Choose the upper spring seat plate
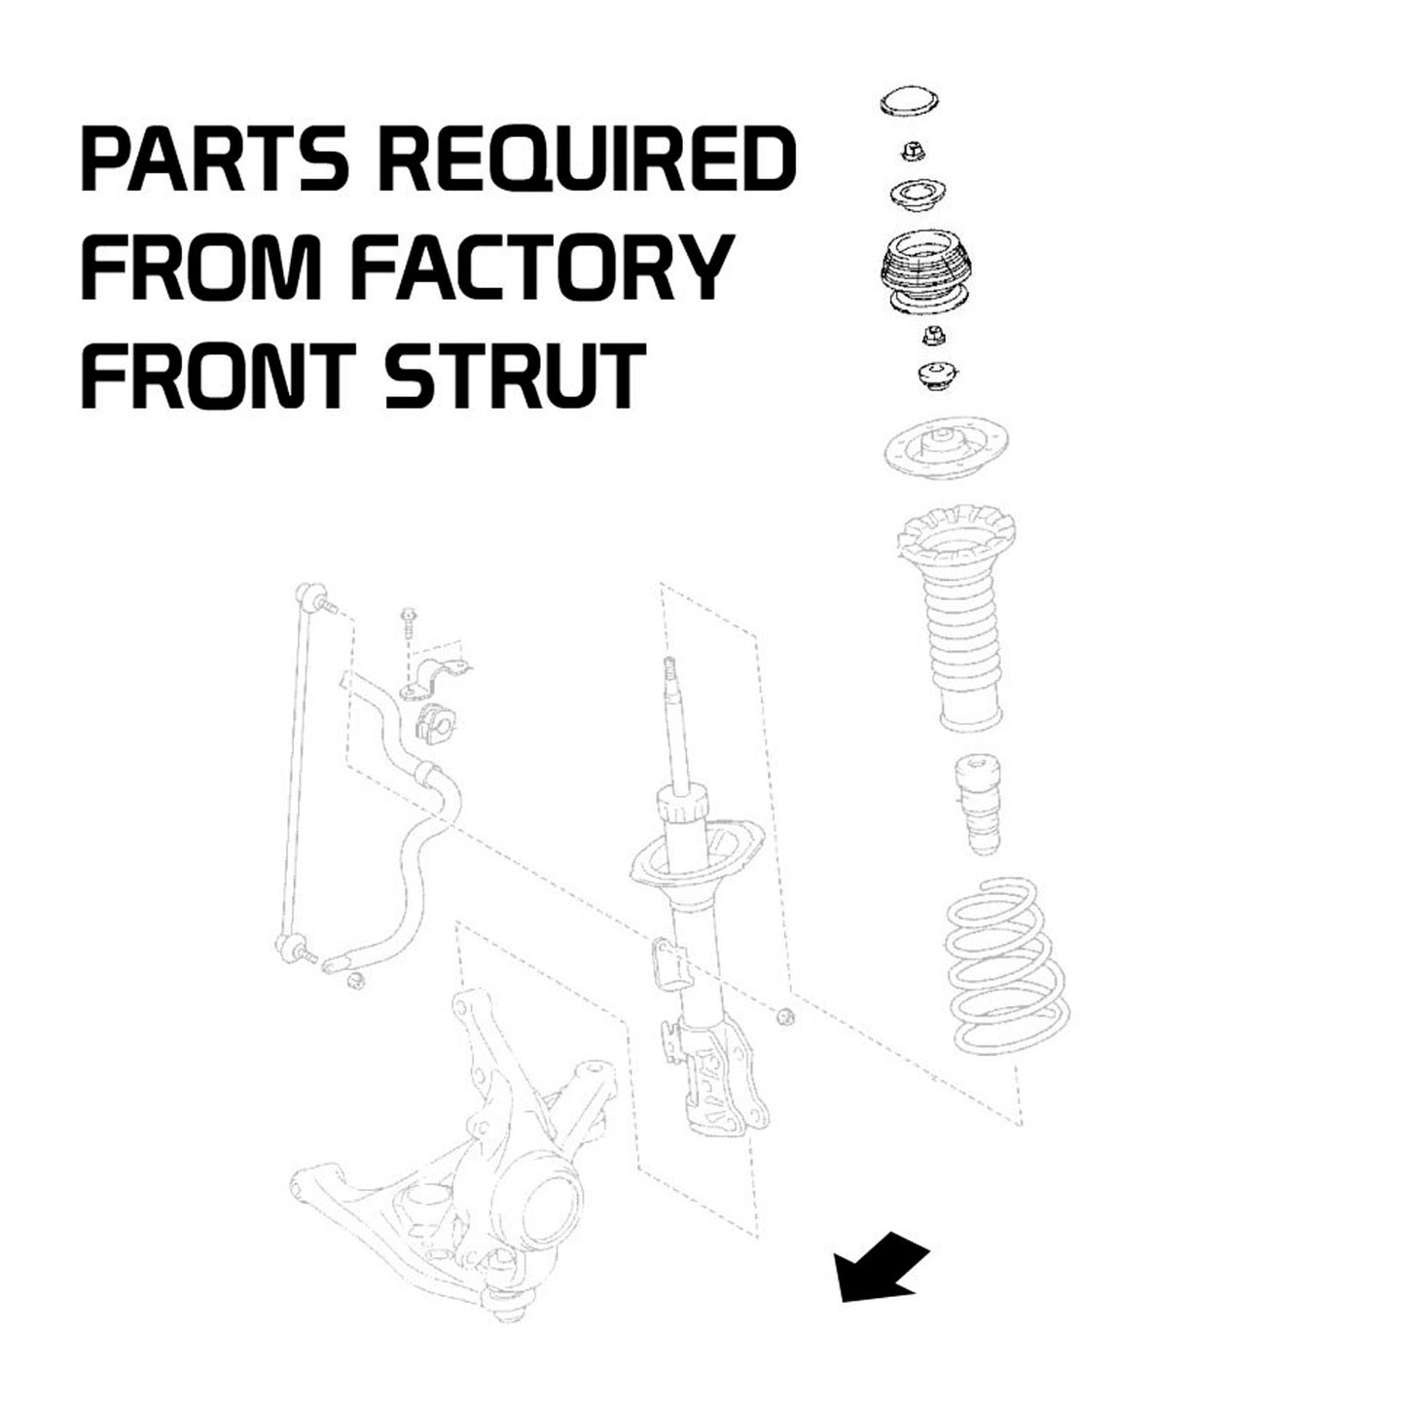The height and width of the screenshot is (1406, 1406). click(x=944, y=451)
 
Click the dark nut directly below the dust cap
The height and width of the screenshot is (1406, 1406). click(x=914, y=151)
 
